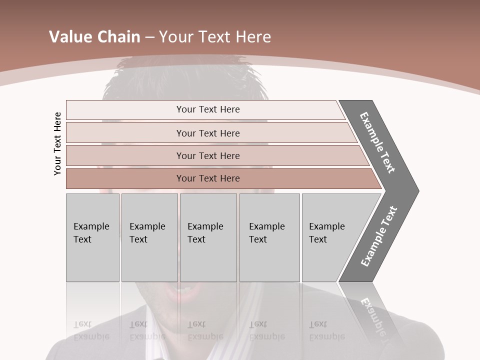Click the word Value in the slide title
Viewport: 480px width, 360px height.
pos(69,37)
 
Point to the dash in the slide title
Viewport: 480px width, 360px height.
pos(149,37)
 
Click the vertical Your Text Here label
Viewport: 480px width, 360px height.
pos(57,143)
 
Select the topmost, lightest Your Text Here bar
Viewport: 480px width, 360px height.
pos(207,109)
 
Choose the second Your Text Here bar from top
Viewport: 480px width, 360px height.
pos(207,133)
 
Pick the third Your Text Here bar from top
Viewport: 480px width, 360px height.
pos(207,155)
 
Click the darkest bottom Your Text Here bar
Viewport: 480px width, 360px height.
pos(207,178)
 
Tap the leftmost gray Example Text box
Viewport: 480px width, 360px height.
pos(92,237)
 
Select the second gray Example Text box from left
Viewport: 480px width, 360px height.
pos(149,237)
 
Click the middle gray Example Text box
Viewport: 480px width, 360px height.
pos(208,237)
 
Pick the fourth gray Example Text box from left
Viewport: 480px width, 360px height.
pos(269,237)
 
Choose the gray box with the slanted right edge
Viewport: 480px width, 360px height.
pos(330,237)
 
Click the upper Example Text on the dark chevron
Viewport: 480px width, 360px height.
pos(377,142)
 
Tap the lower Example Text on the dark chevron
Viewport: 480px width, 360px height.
pos(379,236)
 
